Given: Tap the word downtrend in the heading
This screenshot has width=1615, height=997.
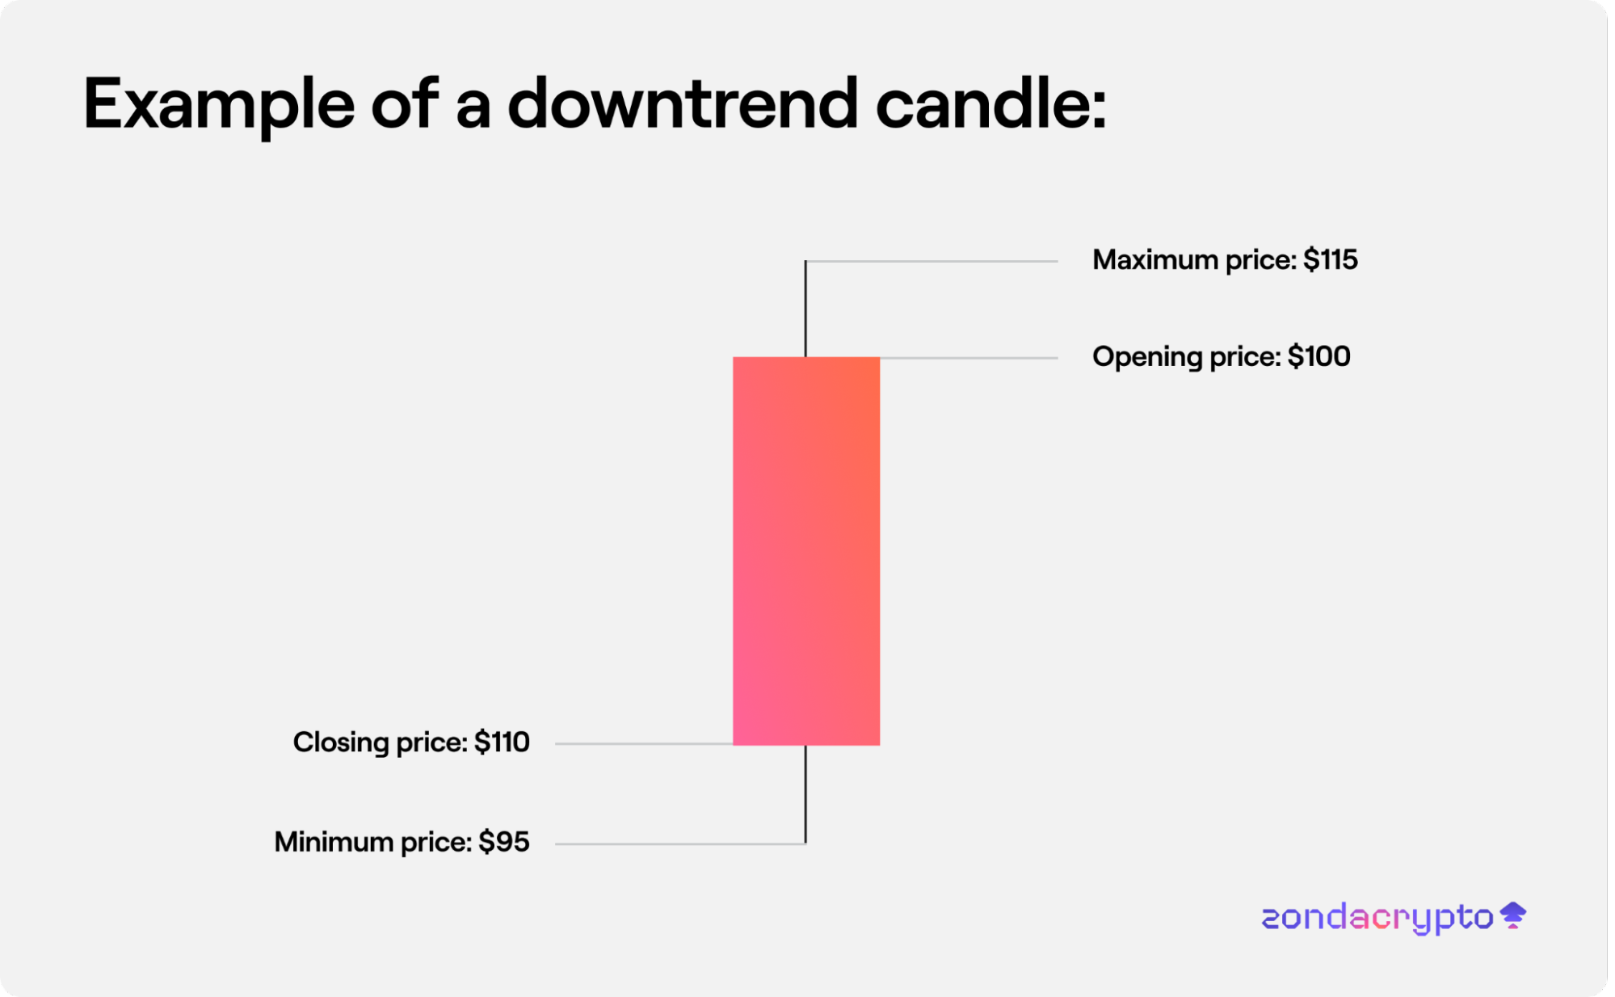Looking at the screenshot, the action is [683, 103].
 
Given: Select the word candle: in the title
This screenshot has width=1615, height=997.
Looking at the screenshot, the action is [991, 103].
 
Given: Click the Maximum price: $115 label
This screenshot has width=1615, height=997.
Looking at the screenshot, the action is [1225, 260].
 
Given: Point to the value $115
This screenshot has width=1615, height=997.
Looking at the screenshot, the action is [1331, 259].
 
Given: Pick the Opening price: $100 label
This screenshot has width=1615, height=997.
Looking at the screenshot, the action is [1221, 357].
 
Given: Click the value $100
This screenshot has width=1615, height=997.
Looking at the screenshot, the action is [1318, 356].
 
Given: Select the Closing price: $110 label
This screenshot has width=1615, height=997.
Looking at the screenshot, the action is [411, 742].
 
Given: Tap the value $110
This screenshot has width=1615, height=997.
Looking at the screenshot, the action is [502, 742].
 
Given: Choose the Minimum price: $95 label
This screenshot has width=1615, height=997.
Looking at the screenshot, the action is [402, 842].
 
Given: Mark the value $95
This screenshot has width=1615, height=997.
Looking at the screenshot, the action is [504, 842].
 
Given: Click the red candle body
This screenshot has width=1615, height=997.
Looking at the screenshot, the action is [806, 551].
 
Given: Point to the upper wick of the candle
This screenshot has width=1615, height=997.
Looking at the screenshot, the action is [805, 309].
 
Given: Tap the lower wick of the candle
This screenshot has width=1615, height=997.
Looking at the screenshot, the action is [805, 795].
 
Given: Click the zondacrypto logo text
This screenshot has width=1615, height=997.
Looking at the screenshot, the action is [1377, 919].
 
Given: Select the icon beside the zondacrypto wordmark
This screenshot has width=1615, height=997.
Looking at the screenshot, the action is [1513, 915].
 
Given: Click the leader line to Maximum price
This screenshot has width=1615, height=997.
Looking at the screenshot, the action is [932, 261].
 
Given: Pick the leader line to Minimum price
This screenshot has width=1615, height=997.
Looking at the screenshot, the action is [680, 844].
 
